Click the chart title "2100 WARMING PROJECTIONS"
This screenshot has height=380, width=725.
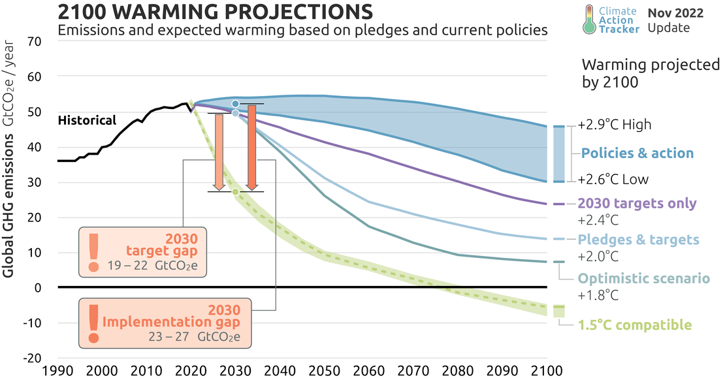point(216,12)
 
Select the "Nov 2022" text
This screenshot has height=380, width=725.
point(675,12)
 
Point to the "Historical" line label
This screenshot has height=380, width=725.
point(87,120)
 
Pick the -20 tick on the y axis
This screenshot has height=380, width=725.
point(33,358)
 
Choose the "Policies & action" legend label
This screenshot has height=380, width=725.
point(637,153)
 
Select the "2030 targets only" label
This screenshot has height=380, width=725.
point(637,204)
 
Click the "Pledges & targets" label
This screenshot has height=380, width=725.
point(639,240)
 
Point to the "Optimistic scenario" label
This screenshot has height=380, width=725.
point(643,279)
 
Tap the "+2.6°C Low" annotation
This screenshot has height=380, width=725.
point(613,180)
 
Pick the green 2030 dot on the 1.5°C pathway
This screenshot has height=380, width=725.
point(235,192)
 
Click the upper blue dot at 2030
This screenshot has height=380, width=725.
point(235,104)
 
